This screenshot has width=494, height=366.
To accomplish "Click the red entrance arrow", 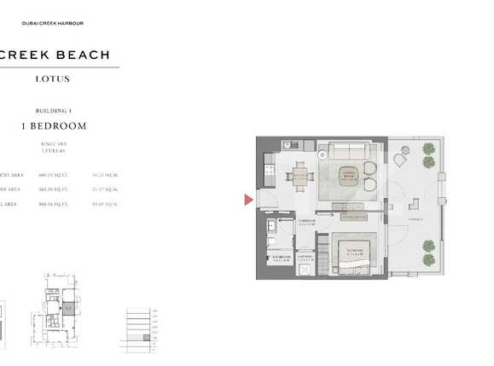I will click(x=248, y=200).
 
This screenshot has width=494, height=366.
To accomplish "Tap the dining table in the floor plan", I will click(x=300, y=178).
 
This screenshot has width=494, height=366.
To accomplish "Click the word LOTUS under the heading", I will click(x=53, y=79).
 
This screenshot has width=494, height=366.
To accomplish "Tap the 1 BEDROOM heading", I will click(x=54, y=125).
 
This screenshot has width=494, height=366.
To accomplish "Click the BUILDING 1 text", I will click(x=54, y=111).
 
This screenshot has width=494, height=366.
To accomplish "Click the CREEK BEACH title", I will click(x=55, y=55).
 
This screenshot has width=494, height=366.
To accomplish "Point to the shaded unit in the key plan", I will click(x=69, y=308).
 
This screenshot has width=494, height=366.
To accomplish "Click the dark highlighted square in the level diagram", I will click(x=146, y=339).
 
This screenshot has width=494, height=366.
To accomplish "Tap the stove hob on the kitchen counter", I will click(x=266, y=173).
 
